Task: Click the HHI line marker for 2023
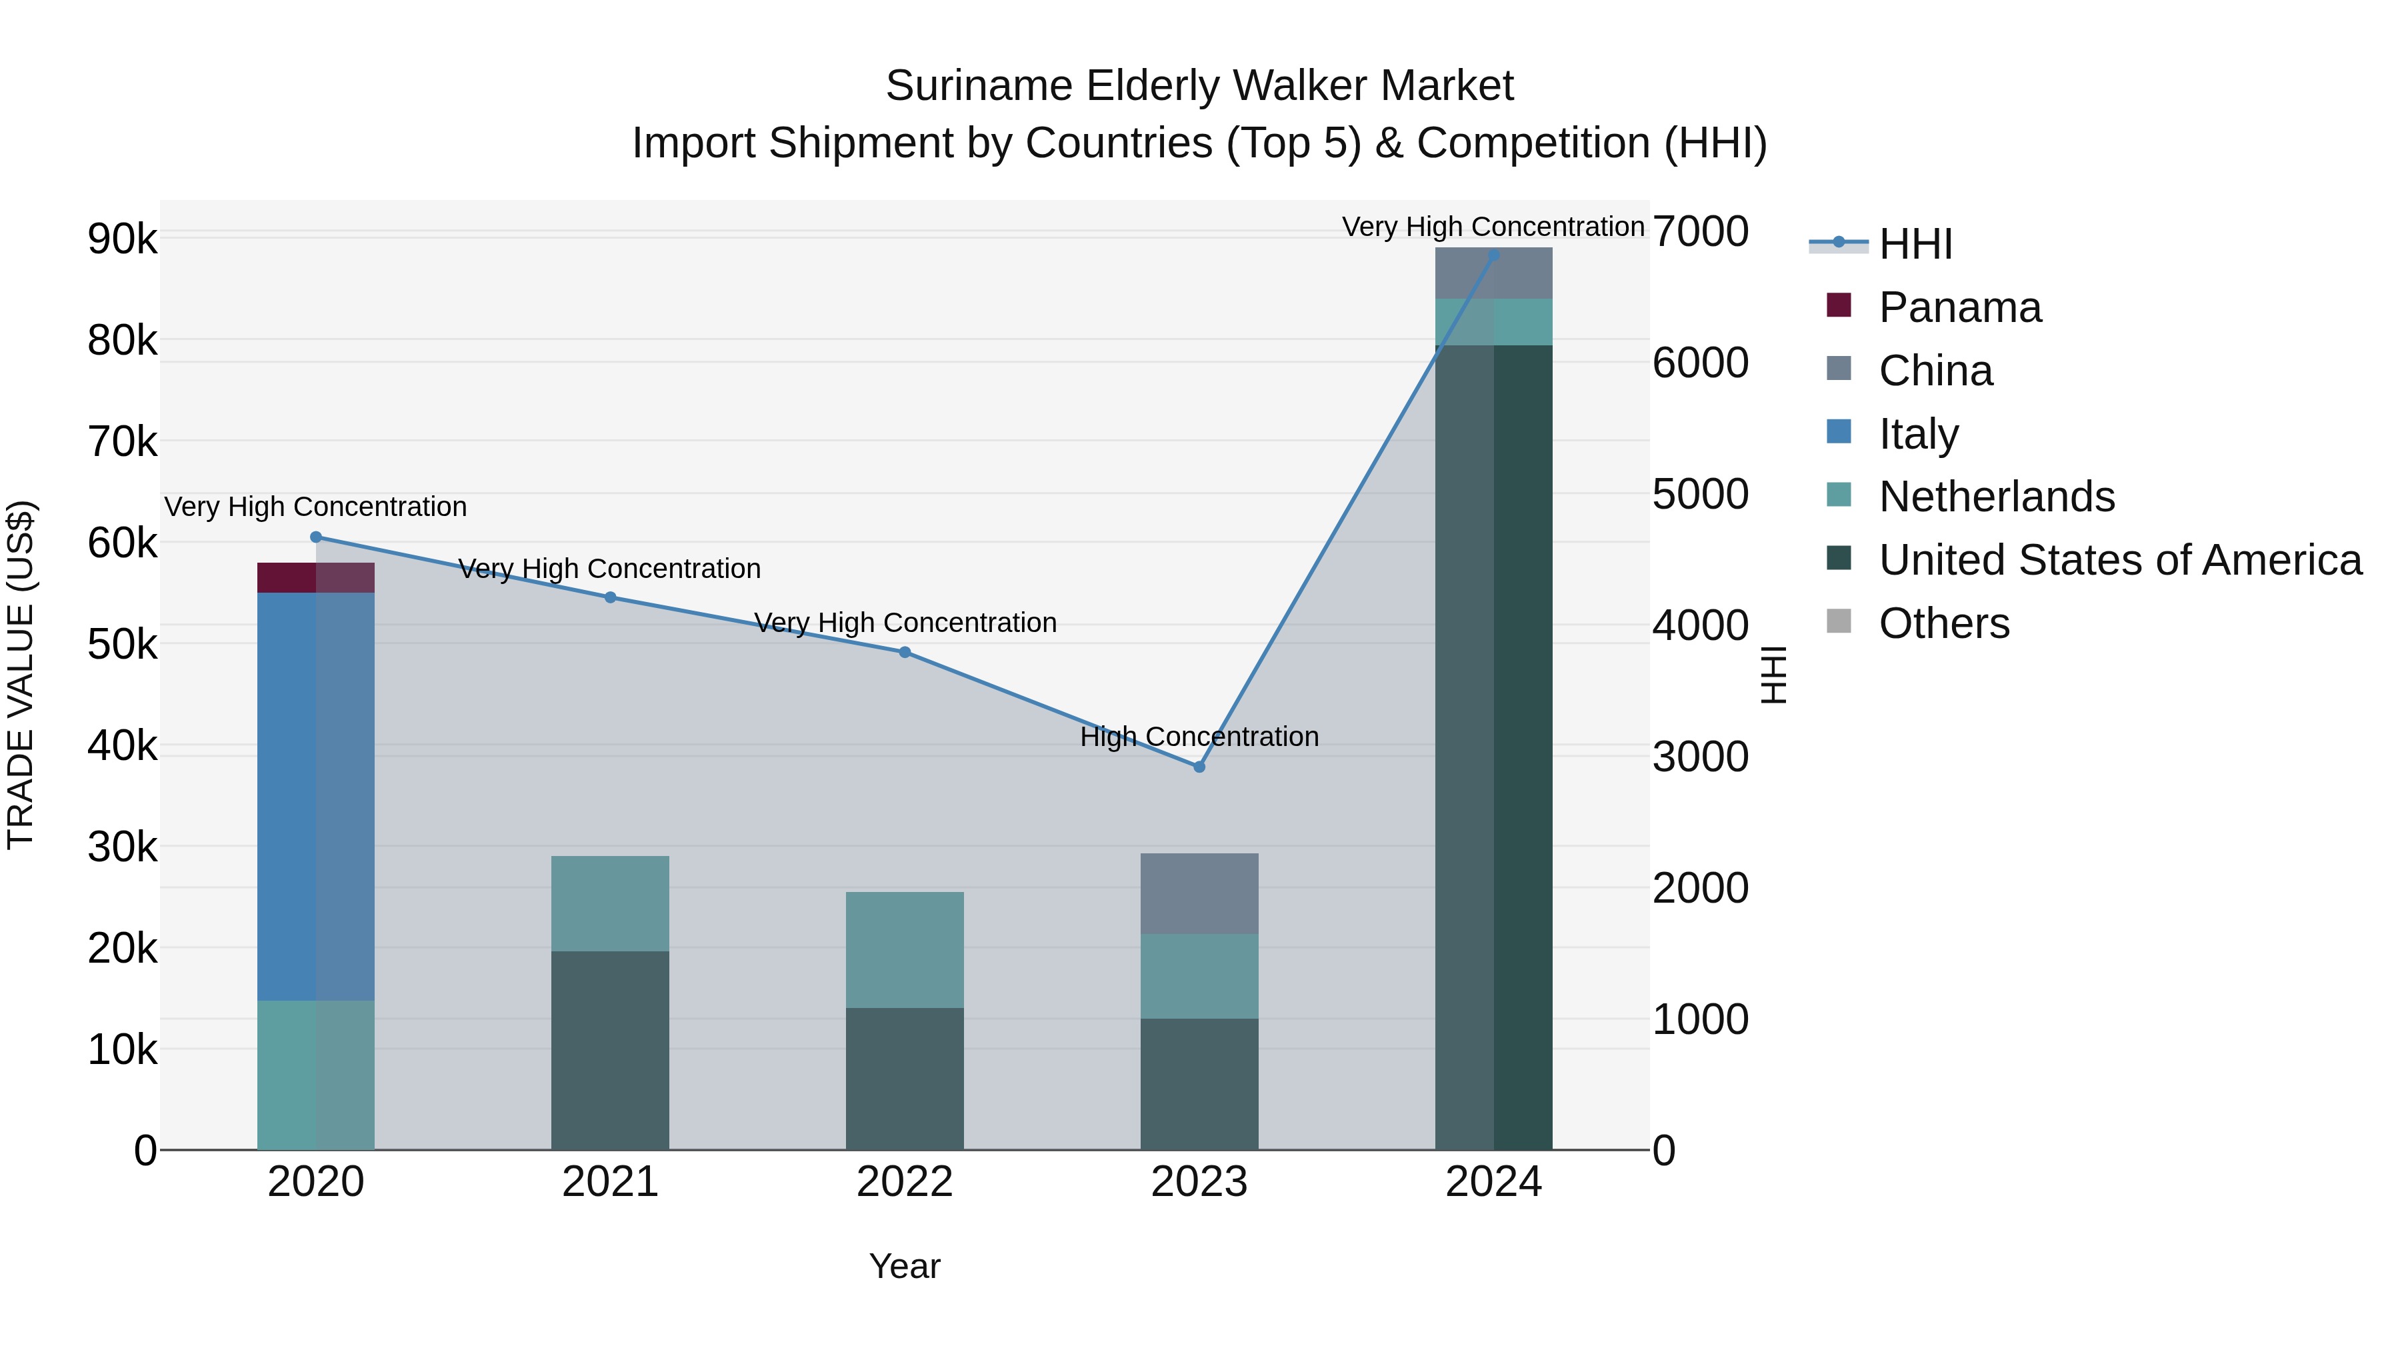pos(1199,767)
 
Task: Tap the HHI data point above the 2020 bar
pos(316,537)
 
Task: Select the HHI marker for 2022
pos(905,652)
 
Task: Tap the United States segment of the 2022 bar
pos(905,1078)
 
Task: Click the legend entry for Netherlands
pos(1995,497)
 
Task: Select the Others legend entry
pos(1943,623)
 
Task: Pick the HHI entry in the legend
pos(1915,244)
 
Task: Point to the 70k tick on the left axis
pos(122,443)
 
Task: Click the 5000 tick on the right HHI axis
pos(1700,494)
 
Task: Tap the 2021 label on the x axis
pos(610,1182)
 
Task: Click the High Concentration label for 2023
pos(1199,737)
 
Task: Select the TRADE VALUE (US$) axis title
pos(21,675)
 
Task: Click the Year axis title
pos(905,1266)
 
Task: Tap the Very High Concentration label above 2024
pos(1493,227)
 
